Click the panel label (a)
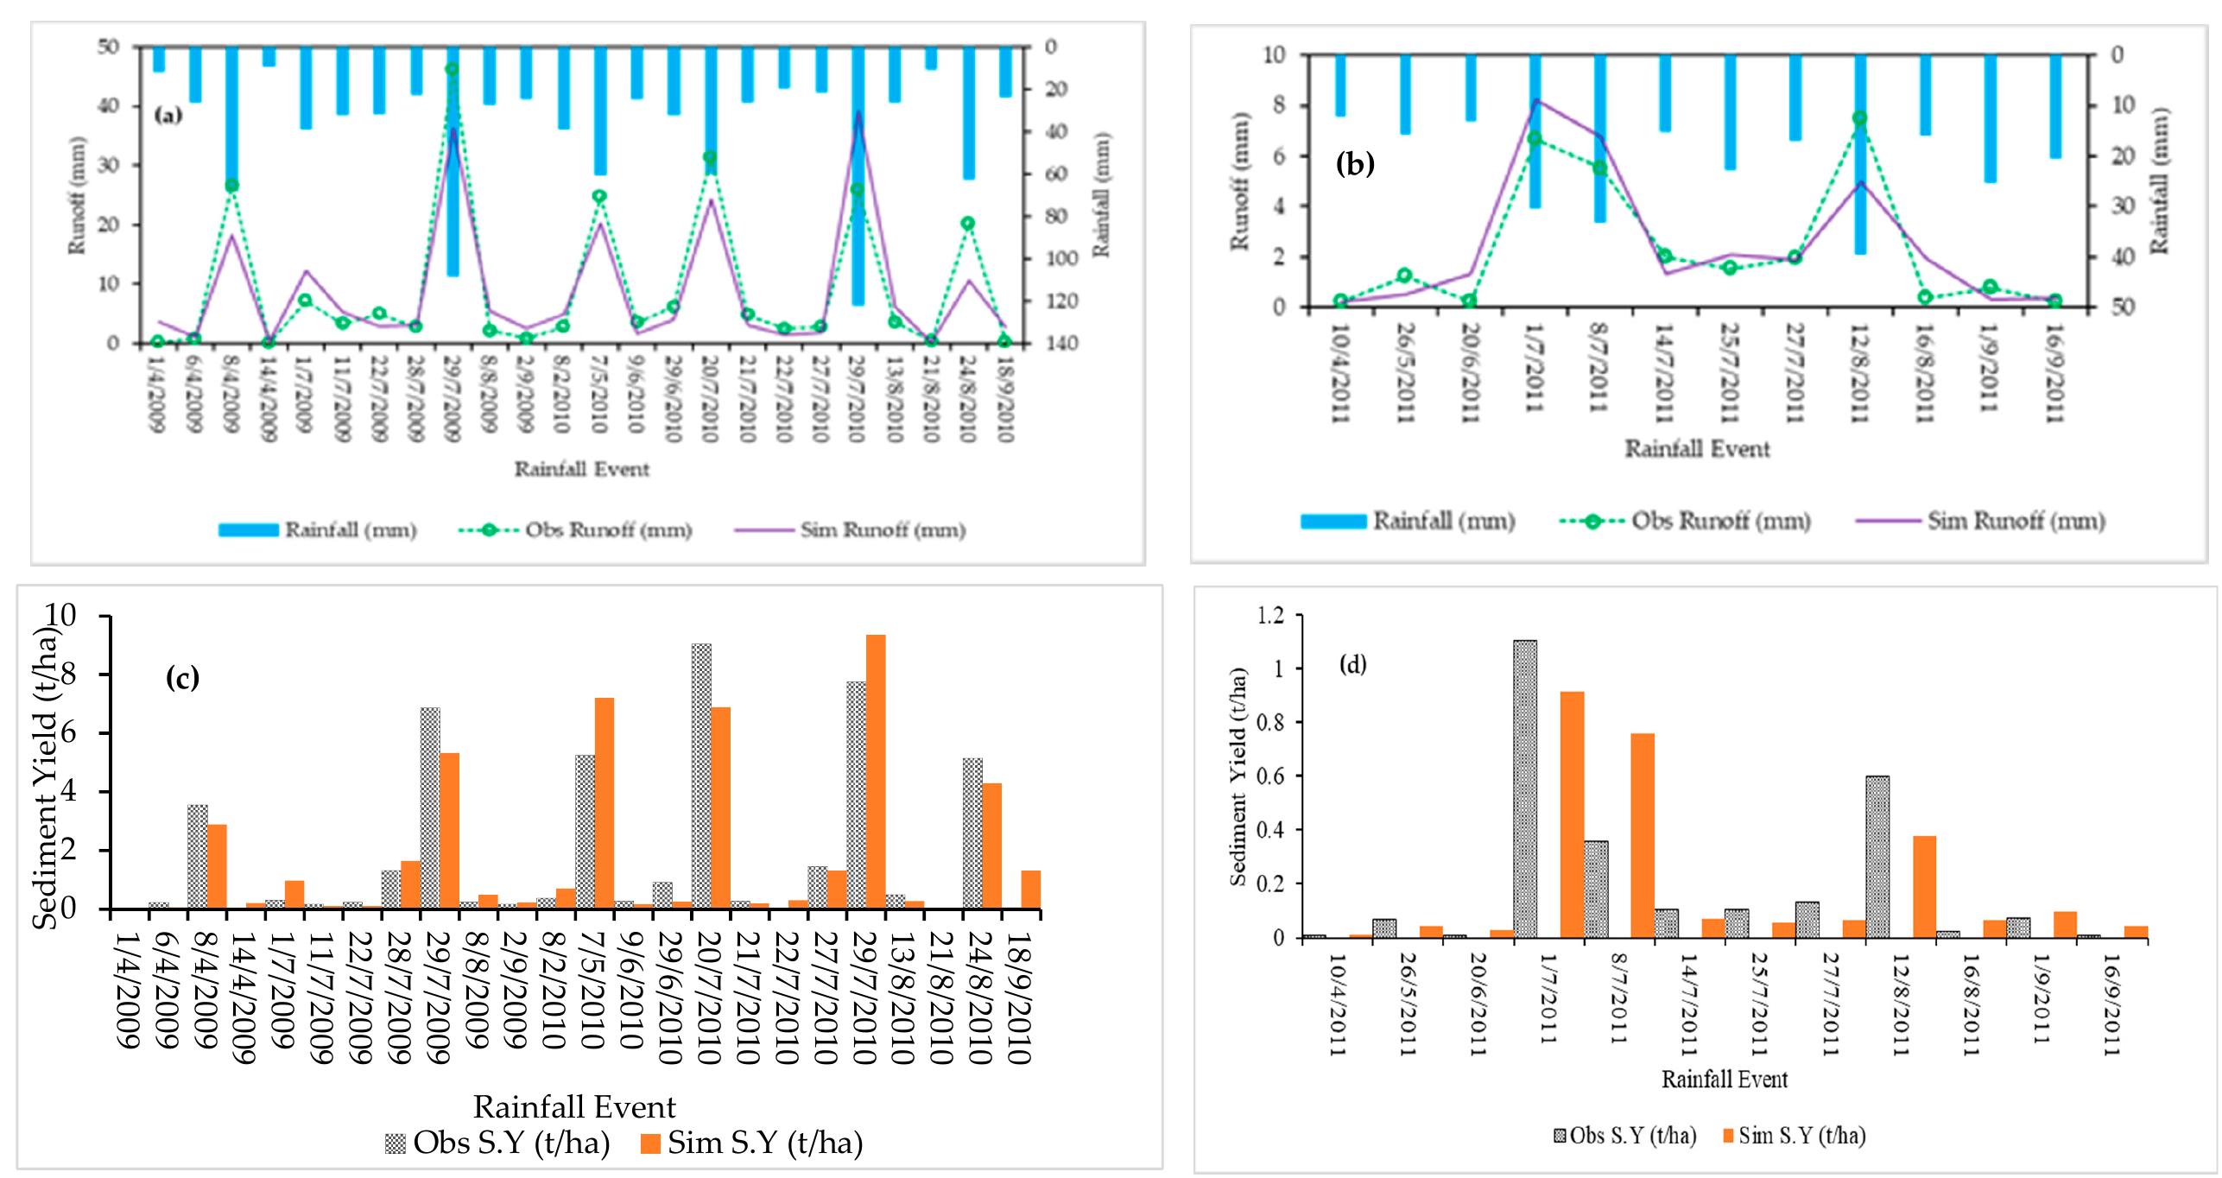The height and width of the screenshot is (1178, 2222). pyautogui.click(x=168, y=115)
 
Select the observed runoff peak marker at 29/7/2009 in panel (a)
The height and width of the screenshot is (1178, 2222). pyautogui.click(x=451, y=69)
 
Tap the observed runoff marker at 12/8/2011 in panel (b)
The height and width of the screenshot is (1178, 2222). pyautogui.click(x=1860, y=118)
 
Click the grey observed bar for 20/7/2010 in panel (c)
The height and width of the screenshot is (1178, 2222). pyautogui.click(x=701, y=776)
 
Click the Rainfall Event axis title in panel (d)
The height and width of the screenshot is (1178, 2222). pyautogui.click(x=1724, y=1079)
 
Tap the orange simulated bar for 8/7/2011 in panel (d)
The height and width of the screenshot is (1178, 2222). pyautogui.click(x=1642, y=834)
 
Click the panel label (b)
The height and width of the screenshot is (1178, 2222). pyautogui.click(x=1354, y=164)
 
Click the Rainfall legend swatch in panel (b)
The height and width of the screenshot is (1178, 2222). pyautogui.click(x=1333, y=521)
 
